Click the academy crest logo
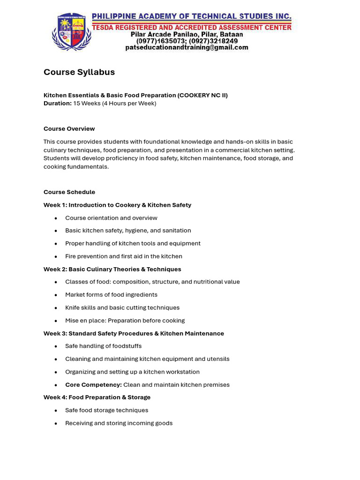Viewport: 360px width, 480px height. pos(72,32)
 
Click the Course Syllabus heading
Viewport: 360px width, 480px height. pos(79,72)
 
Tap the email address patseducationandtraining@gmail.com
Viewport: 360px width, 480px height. pos(187,48)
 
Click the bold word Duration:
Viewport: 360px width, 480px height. pos(58,103)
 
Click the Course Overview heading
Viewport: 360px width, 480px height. pos(69,129)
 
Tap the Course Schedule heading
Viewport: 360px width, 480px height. pos(69,192)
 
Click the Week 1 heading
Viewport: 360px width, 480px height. pos(117,205)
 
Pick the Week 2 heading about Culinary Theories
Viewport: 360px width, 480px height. pos(112,269)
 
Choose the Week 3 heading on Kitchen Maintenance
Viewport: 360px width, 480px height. pos(134,333)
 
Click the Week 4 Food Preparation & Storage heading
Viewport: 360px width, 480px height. pos(97,397)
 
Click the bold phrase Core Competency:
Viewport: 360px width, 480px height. pos(93,385)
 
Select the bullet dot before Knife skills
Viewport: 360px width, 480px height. pos(56,308)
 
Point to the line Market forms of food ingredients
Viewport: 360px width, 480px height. pos(111,295)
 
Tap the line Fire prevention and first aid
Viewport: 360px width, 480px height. pos(124,256)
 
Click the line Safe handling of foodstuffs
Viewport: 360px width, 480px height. pos(103,346)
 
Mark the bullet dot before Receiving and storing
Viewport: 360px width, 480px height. pos(56,423)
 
